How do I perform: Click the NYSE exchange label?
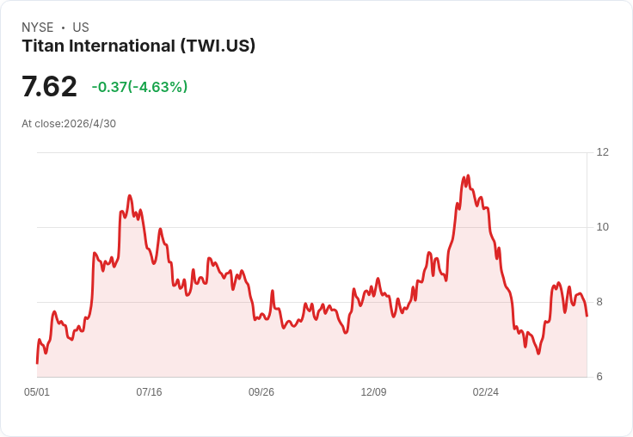tap(38, 28)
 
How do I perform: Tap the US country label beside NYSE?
tap(81, 28)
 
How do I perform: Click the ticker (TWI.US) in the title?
tap(218, 46)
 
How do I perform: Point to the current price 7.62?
tap(49, 86)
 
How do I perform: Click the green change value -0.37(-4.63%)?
tap(139, 87)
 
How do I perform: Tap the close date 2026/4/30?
tap(90, 124)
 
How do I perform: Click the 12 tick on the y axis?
tap(603, 152)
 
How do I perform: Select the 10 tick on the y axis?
tap(603, 227)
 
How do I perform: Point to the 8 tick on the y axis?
tap(599, 302)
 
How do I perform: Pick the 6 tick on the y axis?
tap(599, 377)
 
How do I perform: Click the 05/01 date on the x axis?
tap(37, 392)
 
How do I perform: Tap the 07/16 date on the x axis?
tap(149, 392)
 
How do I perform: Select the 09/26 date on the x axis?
tap(261, 392)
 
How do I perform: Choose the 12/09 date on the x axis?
tap(373, 392)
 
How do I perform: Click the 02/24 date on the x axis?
tap(486, 392)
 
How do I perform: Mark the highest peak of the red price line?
tap(468, 175)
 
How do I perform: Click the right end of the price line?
tap(587, 316)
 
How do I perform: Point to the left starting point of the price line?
tap(37, 363)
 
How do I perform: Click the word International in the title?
tap(122, 46)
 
